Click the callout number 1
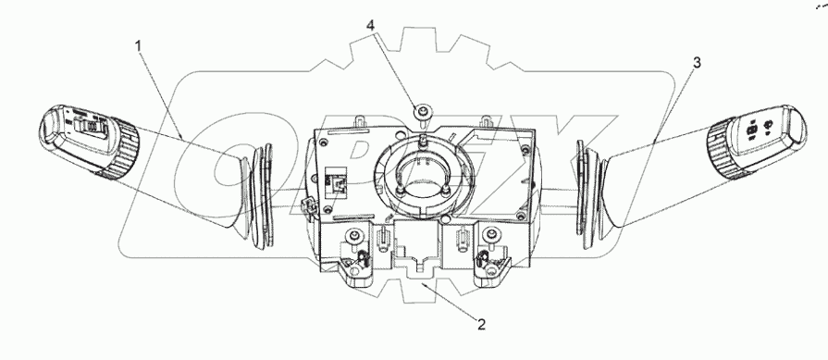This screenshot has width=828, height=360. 139,46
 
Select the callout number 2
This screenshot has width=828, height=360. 481,324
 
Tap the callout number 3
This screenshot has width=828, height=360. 697,63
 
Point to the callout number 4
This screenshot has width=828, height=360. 371,25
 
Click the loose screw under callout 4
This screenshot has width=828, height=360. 424,112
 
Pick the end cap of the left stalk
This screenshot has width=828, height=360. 50,126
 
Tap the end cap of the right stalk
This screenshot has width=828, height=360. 795,126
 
